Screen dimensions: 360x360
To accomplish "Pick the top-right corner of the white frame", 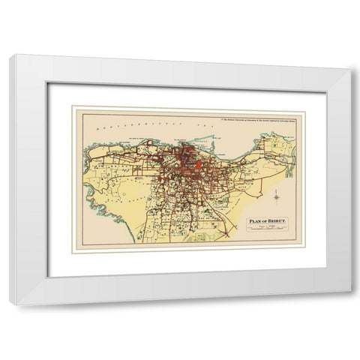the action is (349, 57).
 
